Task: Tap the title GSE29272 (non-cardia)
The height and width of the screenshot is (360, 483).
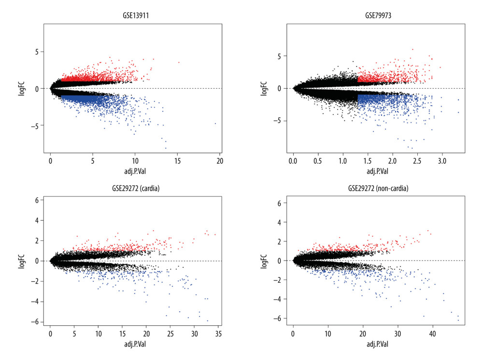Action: coord(375,189)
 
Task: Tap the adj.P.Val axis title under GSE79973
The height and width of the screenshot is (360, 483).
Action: coord(375,169)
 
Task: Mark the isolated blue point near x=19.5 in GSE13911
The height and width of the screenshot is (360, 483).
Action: coord(215,124)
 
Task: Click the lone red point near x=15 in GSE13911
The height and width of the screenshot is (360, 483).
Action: coord(179,62)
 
